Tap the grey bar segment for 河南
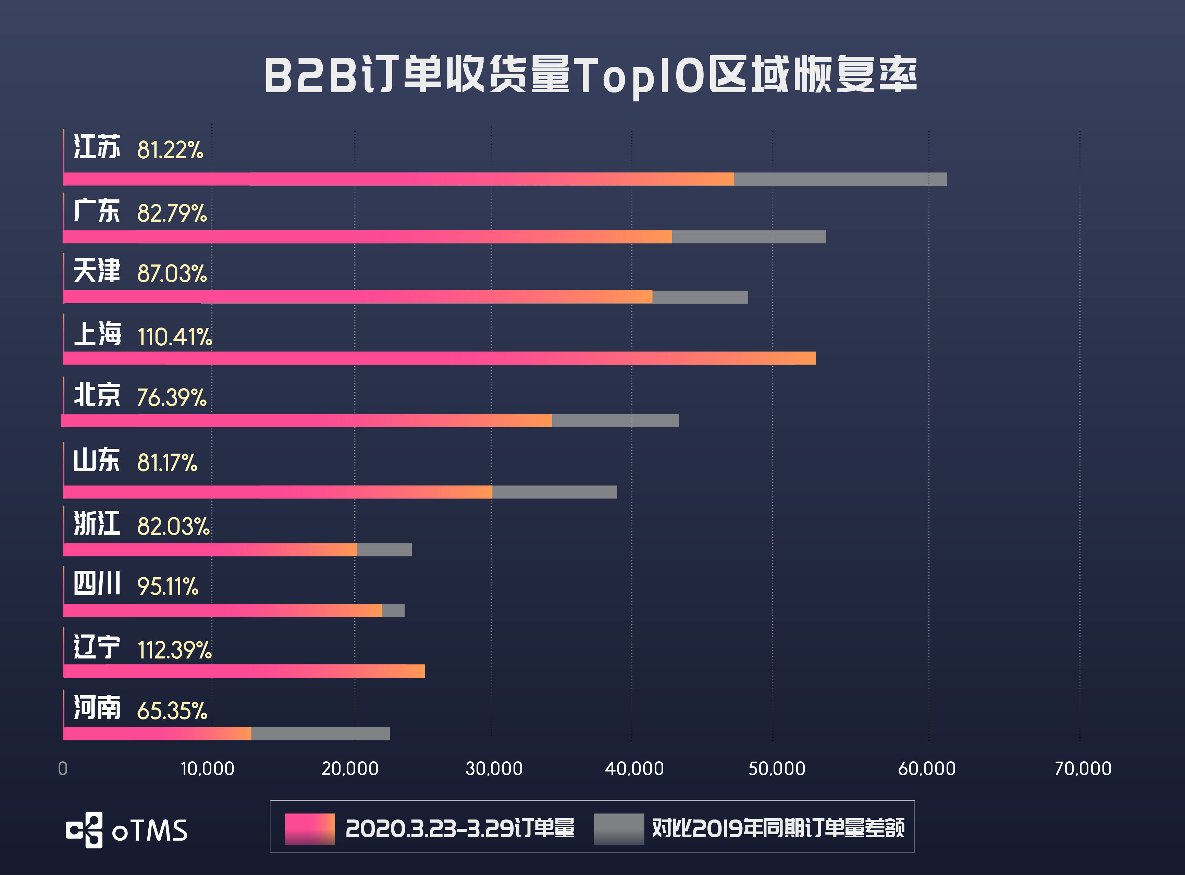pyautogui.click(x=320, y=734)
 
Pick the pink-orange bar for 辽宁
pyautogui.click(x=244, y=671)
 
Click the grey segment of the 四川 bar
pyautogui.click(x=393, y=610)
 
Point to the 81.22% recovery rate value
pyautogui.click(x=170, y=150)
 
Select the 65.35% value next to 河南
pyautogui.click(x=172, y=711)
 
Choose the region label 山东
pyautogui.click(x=96, y=460)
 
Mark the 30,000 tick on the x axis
pyautogui.click(x=493, y=768)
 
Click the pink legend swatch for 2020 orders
pyautogui.click(x=309, y=828)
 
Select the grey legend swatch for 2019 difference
pyautogui.click(x=618, y=828)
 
